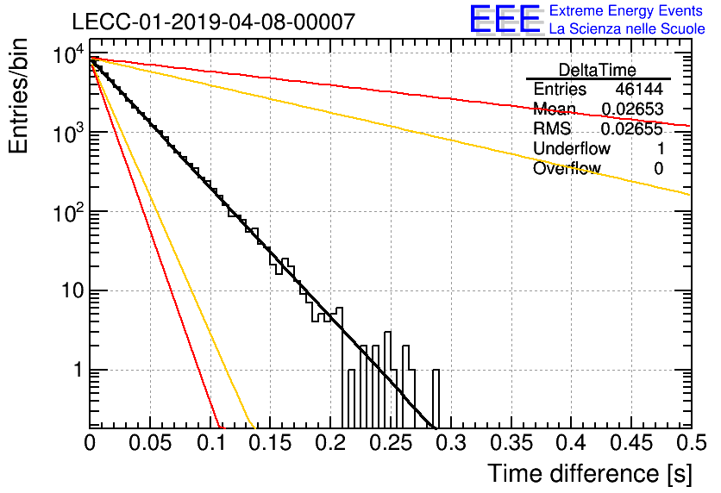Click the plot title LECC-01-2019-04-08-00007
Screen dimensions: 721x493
coord(213,22)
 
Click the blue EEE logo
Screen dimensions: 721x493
coord(505,19)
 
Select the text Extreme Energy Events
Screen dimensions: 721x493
coord(626,10)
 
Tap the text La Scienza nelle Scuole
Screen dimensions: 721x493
coord(627,28)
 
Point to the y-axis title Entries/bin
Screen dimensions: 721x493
coord(18,97)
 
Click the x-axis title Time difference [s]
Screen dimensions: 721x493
coord(590,473)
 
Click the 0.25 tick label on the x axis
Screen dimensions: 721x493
coord(391,443)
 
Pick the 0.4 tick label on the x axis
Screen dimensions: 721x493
coord(571,443)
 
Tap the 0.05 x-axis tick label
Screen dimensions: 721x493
coord(150,443)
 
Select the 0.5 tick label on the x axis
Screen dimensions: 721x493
coord(691,443)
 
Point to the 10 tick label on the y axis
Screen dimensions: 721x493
coord(72,290)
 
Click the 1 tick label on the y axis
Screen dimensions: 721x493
coord(78,370)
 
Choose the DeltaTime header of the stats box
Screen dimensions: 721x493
coord(598,70)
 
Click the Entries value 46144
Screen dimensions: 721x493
coord(639,89)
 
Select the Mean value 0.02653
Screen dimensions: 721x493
coord(632,109)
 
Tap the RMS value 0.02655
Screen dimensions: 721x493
coord(632,128)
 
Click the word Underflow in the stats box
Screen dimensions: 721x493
coord(572,148)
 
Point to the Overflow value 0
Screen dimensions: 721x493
coord(658,169)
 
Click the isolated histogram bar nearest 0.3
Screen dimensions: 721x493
coord(436,399)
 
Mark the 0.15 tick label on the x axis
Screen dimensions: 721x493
coord(271,443)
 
